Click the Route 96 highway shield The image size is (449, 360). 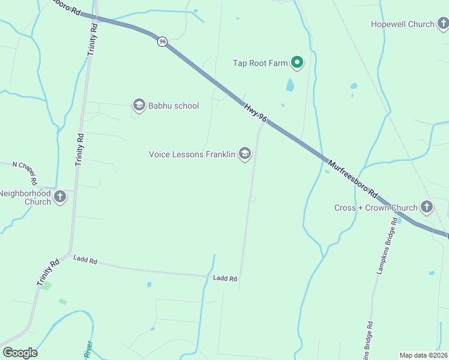pyautogui.click(x=162, y=41)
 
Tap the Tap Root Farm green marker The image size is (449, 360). pyautogui.click(x=297, y=62)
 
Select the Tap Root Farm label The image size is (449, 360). pyautogui.click(x=261, y=63)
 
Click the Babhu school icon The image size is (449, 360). pyautogui.click(x=139, y=106)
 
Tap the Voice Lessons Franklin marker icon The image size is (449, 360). pyautogui.click(x=244, y=154)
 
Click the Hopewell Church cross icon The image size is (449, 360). pyautogui.click(x=443, y=25)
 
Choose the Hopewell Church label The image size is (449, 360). pyautogui.click(x=402, y=25)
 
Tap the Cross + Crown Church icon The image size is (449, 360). pyautogui.click(x=426, y=208)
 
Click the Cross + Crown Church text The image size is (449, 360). pyautogui.click(x=376, y=208)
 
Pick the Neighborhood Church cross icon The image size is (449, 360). pyautogui.click(x=59, y=197)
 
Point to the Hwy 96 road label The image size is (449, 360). pyautogui.click(x=255, y=113)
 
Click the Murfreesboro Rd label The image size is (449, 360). pyautogui.click(x=352, y=178)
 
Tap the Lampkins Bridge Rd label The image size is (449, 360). pyautogui.click(x=387, y=246)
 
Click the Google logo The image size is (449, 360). pyautogui.click(x=20, y=353)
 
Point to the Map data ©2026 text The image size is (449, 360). pyautogui.click(x=423, y=355)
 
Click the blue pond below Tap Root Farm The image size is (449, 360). pyautogui.click(x=291, y=85)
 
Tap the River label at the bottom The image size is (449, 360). pyautogui.click(x=88, y=350)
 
